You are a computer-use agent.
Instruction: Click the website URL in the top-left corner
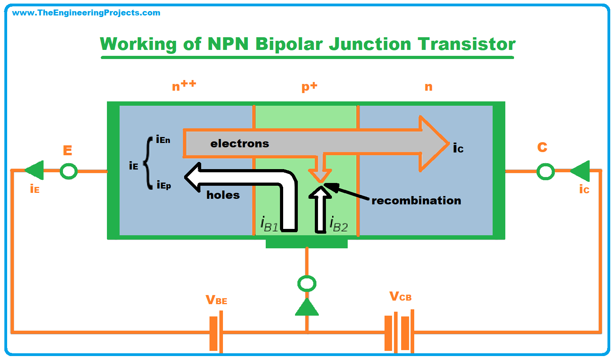point(86,13)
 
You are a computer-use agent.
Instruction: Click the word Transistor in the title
point(466,44)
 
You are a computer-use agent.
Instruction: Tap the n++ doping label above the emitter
point(184,86)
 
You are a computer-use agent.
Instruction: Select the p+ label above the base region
point(309,87)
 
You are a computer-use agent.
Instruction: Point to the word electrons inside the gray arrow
point(240,144)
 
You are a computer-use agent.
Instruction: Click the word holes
point(223,195)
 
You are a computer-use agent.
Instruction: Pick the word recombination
point(416,200)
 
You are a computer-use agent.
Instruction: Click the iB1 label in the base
point(269,224)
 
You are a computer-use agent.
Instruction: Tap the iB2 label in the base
point(339,224)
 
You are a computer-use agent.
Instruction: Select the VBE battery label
point(216,300)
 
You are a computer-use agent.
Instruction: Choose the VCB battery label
point(400,296)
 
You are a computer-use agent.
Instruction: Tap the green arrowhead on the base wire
point(307,307)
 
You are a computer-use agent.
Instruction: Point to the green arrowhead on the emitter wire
point(34,170)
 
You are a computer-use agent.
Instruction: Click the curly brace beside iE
point(149,163)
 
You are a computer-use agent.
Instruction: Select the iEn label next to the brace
point(163,139)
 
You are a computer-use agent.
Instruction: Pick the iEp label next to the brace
point(164,185)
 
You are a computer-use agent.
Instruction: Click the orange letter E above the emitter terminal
point(68,150)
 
